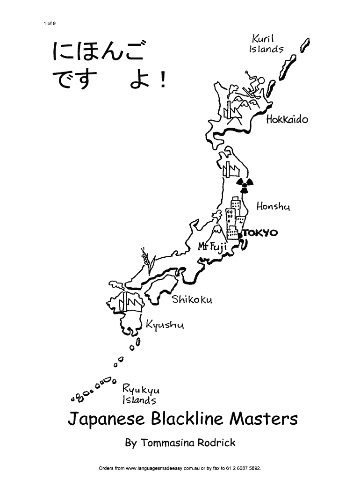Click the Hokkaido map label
tap(287, 119)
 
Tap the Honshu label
tap(273, 206)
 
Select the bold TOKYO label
tap(260, 233)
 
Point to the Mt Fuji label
tap(212, 247)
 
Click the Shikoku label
tap(192, 299)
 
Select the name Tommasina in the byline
tap(169, 443)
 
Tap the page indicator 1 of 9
tap(48, 23)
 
